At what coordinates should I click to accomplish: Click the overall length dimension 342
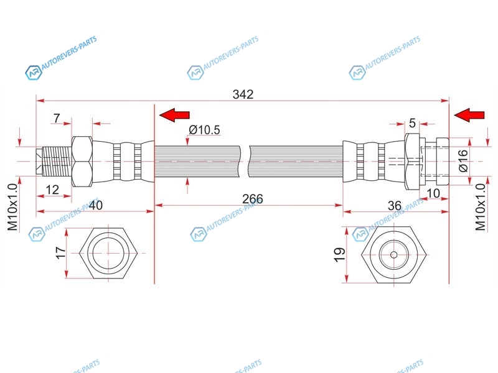click(x=243, y=94)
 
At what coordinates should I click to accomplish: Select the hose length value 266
click(x=253, y=199)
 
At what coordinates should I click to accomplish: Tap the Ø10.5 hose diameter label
click(x=204, y=130)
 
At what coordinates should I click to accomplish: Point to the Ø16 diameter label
click(x=464, y=160)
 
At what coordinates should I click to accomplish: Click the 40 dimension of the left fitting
click(x=96, y=205)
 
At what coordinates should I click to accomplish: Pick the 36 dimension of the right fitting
click(x=395, y=206)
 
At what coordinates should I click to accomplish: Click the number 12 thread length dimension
click(x=52, y=190)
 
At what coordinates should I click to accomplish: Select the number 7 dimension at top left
click(x=57, y=118)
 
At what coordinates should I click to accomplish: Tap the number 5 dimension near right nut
click(x=412, y=122)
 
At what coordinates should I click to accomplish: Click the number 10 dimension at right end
click(x=433, y=193)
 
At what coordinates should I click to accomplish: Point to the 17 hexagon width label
click(x=60, y=253)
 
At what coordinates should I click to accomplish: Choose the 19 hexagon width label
click(x=339, y=255)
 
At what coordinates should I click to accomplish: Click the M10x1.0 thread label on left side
click(x=12, y=207)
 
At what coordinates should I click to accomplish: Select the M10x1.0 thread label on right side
click(x=480, y=207)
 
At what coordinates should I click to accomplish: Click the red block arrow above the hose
click(x=174, y=115)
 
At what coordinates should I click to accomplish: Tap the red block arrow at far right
click(x=469, y=115)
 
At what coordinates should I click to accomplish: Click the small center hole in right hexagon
click(x=394, y=254)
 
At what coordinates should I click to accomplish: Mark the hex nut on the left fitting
click(x=82, y=162)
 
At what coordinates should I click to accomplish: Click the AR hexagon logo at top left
click(x=34, y=73)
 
